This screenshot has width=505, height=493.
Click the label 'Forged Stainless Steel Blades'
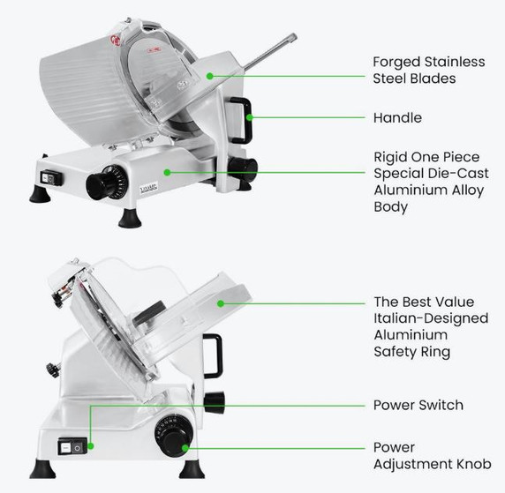428,70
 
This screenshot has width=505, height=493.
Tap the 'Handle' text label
397,117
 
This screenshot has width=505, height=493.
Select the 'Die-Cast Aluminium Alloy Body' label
427,181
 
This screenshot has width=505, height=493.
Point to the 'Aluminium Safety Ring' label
427,326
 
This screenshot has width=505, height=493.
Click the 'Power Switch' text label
418,405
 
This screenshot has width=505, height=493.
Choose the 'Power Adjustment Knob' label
432,456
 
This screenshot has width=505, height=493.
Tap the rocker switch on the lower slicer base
70,448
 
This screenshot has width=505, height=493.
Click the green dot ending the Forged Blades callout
210,77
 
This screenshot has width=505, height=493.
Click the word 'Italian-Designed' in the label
423,318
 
